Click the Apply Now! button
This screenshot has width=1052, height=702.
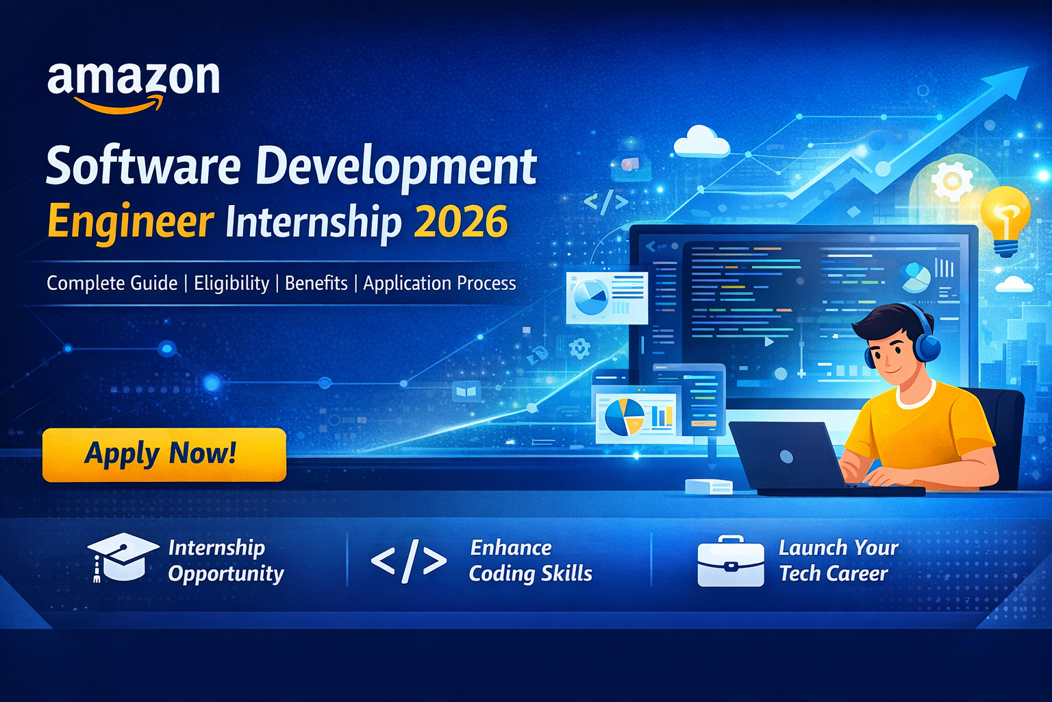point(164,455)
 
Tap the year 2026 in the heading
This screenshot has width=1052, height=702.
point(461,222)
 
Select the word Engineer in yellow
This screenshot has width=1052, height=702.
point(130,222)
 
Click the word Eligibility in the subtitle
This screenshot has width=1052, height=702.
point(231,283)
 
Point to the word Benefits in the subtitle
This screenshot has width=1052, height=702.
point(316,283)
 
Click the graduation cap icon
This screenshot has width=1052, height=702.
point(122,557)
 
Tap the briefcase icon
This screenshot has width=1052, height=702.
point(730,561)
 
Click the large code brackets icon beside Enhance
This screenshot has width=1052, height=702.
point(409,561)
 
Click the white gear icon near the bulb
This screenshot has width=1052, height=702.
point(952,181)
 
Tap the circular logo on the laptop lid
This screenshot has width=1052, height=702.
point(786,457)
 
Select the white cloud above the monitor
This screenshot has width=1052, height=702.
point(701,142)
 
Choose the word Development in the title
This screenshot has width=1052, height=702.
point(396,167)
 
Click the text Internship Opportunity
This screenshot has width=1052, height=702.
point(225,561)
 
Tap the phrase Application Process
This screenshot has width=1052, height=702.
point(439,283)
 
